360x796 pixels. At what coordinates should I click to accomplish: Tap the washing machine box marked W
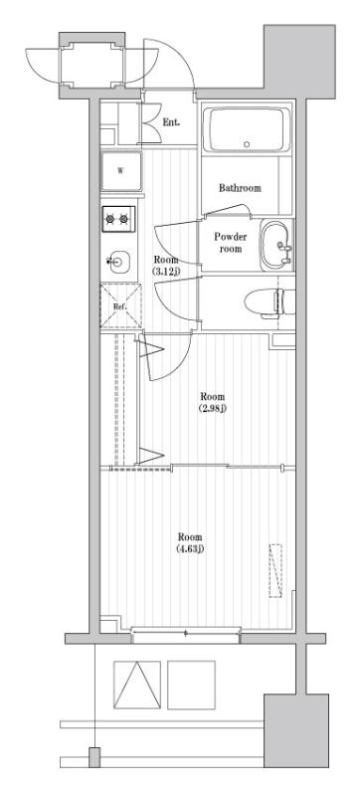[x=120, y=171]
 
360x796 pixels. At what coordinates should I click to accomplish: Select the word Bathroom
[x=240, y=188]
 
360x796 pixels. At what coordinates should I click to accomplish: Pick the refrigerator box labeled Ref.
[x=119, y=306]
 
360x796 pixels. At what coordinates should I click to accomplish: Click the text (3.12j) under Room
[x=164, y=271]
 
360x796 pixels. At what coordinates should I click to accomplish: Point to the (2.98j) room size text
[x=212, y=408]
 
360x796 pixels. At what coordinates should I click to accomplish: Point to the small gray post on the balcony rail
[x=94, y=757]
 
